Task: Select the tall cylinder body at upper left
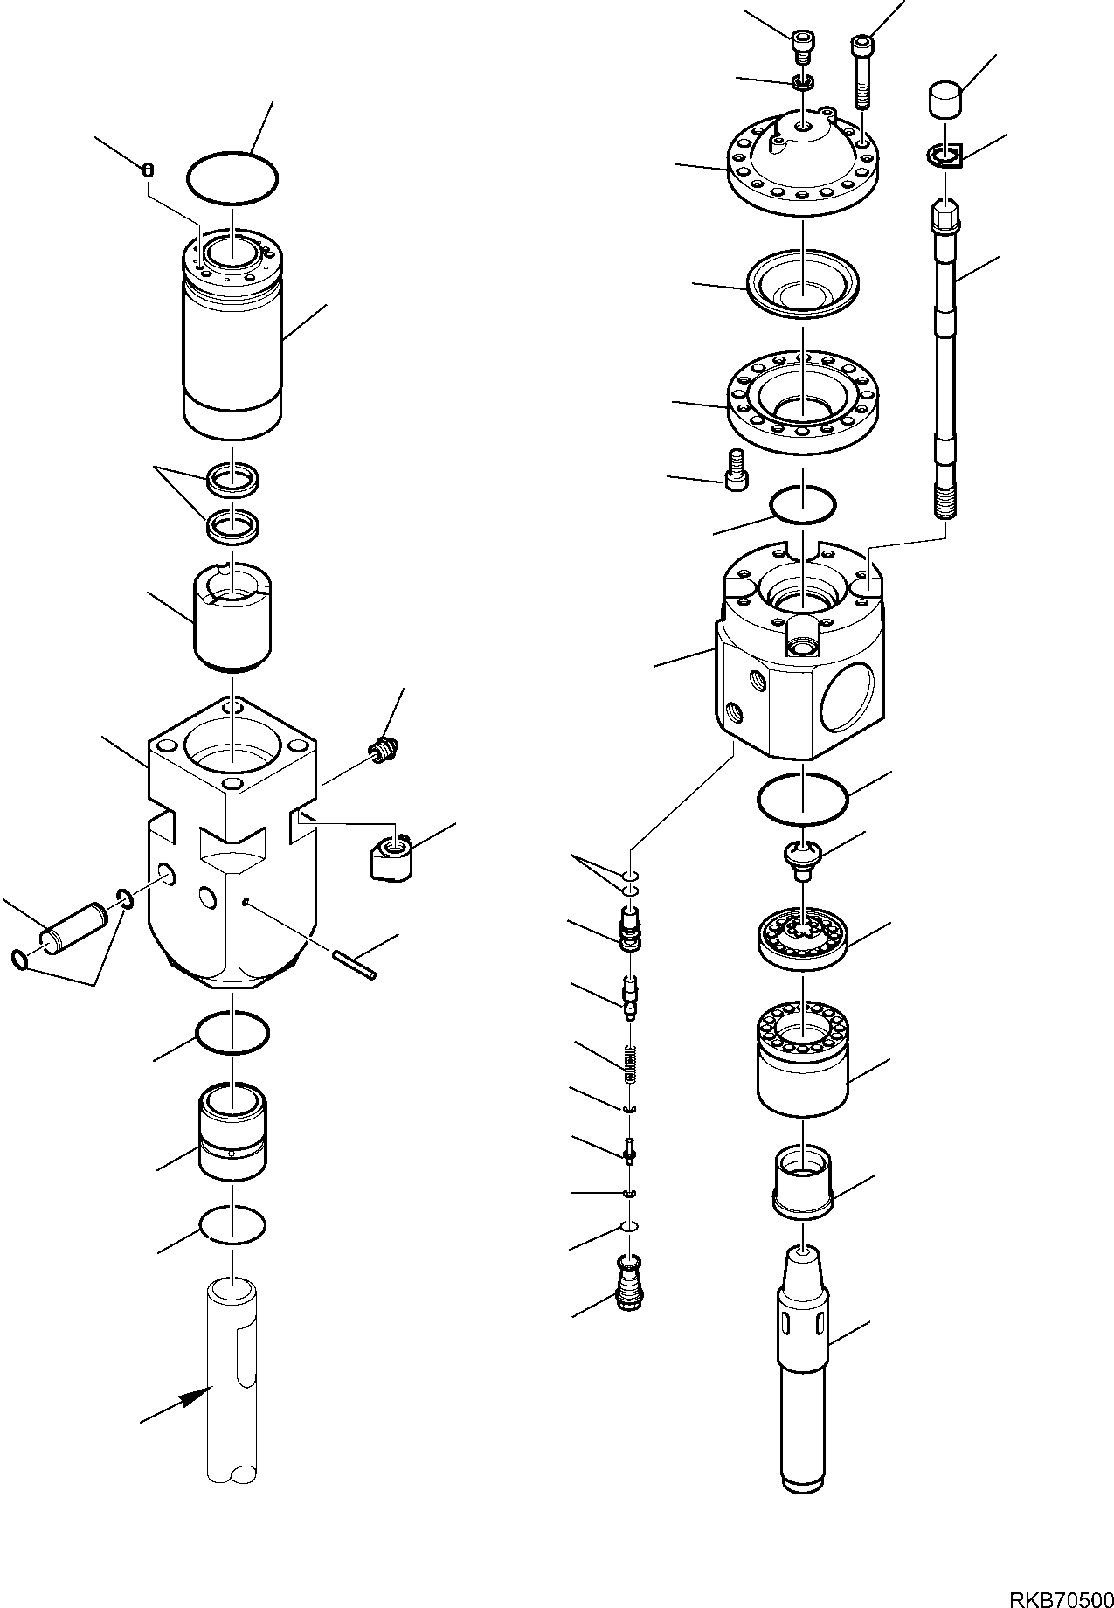point(233,358)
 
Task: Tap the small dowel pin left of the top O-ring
point(148,170)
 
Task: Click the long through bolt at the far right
point(945,367)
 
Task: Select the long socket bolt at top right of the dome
point(861,70)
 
